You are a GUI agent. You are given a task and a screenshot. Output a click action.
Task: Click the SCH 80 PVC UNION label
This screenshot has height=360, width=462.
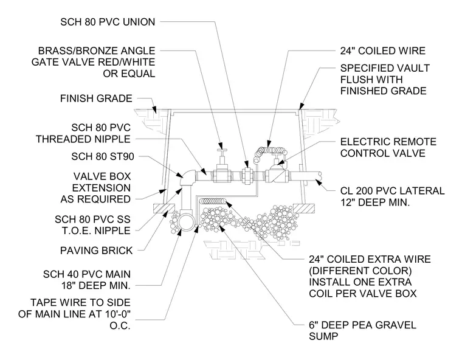[x=108, y=22]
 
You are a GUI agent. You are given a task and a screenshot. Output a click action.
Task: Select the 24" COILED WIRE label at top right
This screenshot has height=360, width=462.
[x=383, y=50]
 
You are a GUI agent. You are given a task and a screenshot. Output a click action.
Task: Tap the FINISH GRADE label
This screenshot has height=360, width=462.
[x=96, y=98]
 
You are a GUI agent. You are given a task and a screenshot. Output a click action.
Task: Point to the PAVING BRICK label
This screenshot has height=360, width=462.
[x=96, y=251]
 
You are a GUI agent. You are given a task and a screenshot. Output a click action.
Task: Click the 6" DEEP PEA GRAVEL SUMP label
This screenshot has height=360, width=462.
[x=362, y=331]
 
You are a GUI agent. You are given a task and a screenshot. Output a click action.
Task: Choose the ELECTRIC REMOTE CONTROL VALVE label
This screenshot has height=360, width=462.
[x=388, y=147]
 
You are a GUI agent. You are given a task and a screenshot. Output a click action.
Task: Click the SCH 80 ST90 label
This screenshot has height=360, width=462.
[x=103, y=156]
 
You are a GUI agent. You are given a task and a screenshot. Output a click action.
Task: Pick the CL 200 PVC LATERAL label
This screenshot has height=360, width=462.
[x=392, y=191]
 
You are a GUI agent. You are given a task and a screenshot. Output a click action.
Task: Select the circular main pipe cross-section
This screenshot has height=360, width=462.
[x=187, y=223]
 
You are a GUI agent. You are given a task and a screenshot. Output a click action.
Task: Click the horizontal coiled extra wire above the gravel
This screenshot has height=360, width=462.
[x=213, y=201]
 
